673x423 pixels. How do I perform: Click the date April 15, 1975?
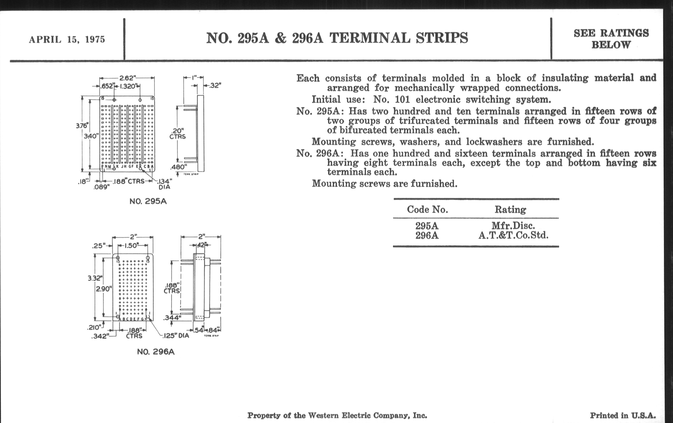[x=67, y=39]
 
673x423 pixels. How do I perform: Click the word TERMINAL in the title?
[x=370, y=38]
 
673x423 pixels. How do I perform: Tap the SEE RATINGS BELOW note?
[x=611, y=39]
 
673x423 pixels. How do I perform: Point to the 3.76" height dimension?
[x=82, y=126]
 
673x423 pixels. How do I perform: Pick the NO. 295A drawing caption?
[x=148, y=201]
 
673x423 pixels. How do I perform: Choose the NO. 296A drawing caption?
[x=156, y=352]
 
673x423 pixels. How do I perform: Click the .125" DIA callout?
[x=176, y=335]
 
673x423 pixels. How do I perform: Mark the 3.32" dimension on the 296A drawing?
[x=95, y=278]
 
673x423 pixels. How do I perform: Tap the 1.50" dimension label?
[x=131, y=246]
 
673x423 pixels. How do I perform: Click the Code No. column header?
[x=427, y=209]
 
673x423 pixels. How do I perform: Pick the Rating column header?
[x=510, y=209]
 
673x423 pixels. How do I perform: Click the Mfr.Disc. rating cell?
[x=513, y=225]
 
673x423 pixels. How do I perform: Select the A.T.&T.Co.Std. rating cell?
[x=513, y=235]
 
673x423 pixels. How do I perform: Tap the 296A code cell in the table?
[x=427, y=236]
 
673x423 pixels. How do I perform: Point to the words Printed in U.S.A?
[x=623, y=416]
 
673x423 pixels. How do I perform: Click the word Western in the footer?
[x=324, y=416]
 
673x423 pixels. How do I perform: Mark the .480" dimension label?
[x=178, y=167]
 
